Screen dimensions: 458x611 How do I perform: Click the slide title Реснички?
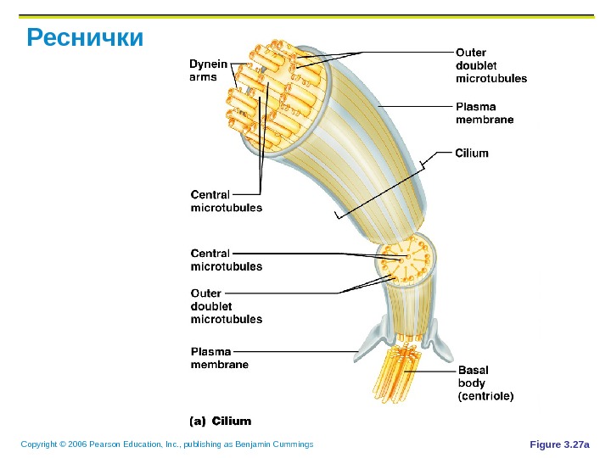85,39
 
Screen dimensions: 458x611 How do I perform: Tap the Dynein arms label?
208,70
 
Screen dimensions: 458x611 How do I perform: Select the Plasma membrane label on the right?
485,114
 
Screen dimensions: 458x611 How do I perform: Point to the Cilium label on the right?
473,154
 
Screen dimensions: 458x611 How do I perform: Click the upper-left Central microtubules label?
226,200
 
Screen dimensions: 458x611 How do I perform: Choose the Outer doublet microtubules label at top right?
490,65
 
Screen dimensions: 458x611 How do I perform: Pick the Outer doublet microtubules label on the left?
226,306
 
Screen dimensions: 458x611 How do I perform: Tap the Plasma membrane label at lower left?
220,357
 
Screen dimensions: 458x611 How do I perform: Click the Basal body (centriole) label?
485,383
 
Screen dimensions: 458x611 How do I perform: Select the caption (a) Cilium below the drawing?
220,421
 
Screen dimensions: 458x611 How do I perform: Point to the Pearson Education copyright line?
167,444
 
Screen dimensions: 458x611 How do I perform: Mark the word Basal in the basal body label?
474,371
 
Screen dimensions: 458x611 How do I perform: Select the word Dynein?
208,64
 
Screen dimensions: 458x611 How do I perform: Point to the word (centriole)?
485,395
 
